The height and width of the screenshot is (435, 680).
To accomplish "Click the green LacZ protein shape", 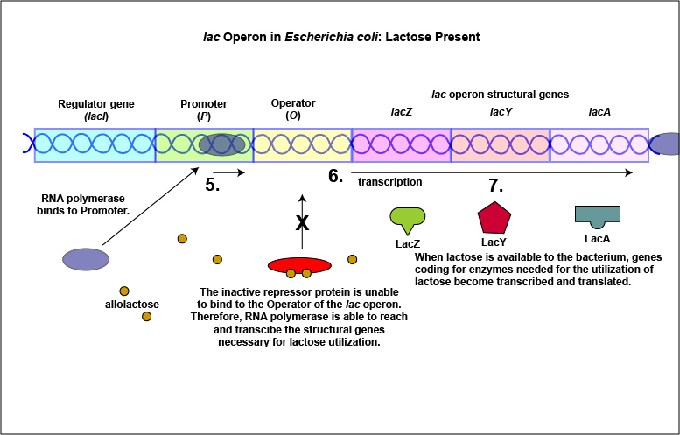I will coord(407,219).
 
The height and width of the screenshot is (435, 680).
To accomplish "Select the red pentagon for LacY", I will coord(494,219).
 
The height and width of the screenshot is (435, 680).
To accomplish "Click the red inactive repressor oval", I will coord(301,265).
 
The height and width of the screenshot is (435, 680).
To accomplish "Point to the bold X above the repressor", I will coord(302,222).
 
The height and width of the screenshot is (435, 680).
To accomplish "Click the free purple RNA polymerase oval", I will coord(86,259).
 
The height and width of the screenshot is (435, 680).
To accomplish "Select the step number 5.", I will coord(212,185).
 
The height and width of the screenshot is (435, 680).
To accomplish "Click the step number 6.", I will coord(335,176).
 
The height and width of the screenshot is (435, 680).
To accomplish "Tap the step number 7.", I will coord(495,185).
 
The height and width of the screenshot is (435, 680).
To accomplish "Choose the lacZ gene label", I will coord(401,112).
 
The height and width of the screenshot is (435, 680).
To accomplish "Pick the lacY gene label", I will coord(501,112).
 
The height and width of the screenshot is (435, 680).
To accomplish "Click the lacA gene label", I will coord(599,112).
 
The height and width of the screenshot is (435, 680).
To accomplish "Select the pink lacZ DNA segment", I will coord(401,144).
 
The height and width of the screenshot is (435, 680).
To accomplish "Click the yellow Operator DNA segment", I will coord(302,144).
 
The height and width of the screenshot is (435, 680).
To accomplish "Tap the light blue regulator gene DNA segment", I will coord(95,144).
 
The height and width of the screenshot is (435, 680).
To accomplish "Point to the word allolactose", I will coord(131,305).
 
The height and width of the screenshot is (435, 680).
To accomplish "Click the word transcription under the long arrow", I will coord(390,182).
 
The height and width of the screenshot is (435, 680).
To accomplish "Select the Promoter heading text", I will coord(203,103).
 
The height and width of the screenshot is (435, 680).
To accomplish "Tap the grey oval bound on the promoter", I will coord(221,144).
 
